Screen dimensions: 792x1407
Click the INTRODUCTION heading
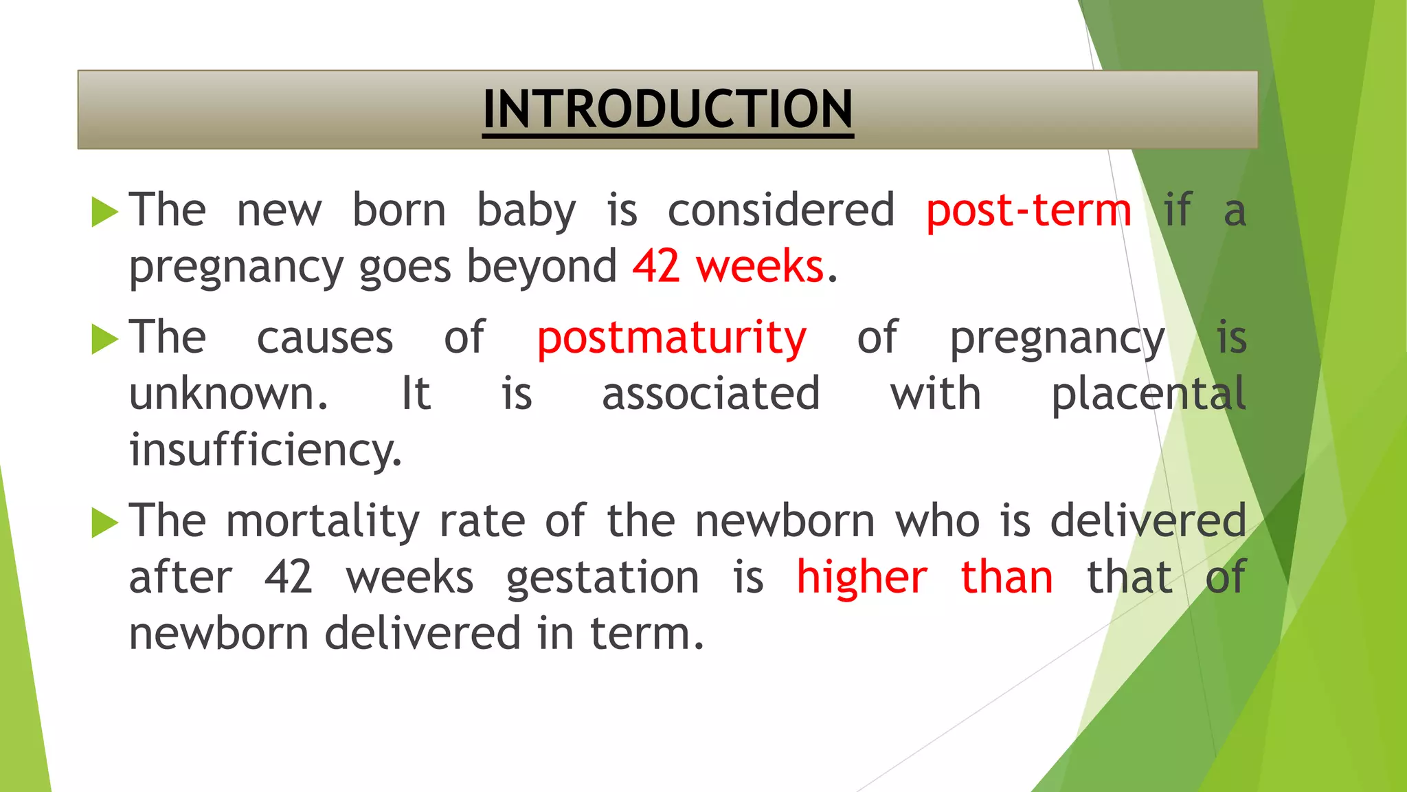(x=668, y=109)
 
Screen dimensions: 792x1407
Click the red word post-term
(x=1028, y=210)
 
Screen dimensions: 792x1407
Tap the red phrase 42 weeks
(x=728, y=267)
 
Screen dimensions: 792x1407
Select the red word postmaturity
(x=671, y=338)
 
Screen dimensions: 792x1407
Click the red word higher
(x=862, y=577)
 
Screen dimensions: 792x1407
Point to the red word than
(x=1006, y=577)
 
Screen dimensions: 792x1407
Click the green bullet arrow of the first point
(x=104, y=212)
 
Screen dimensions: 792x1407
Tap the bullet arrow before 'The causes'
(x=104, y=340)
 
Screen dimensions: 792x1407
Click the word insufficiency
(x=265, y=451)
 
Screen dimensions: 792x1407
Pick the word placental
(x=1148, y=395)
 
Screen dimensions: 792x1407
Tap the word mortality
(x=322, y=521)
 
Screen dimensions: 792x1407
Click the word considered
(x=781, y=210)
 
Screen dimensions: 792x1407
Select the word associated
(x=710, y=395)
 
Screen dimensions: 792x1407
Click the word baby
(x=526, y=212)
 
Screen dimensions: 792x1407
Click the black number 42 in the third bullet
(x=289, y=577)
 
